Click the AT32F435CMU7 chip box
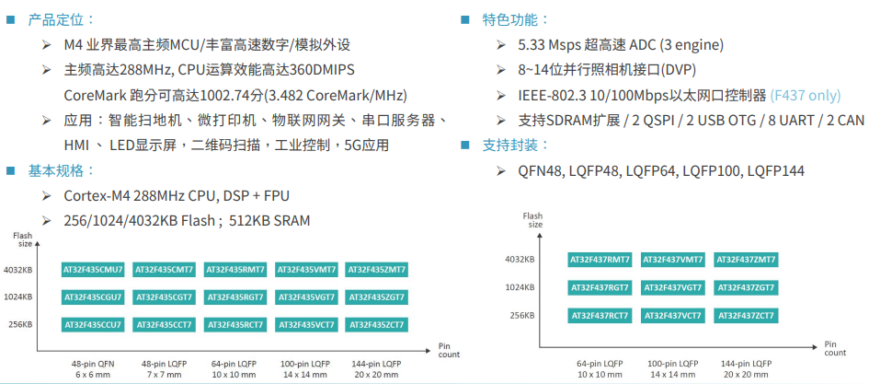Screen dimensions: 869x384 click(92, 270)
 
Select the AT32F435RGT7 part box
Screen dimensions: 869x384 click(235, 297)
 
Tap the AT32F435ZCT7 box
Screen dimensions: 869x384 click(376, 324)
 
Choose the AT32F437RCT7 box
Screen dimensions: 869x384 click(599, 316)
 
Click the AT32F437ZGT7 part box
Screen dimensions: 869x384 click(745, 287)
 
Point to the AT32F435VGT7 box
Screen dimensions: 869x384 click(306, 297)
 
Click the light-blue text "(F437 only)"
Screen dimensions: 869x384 click(806, 96)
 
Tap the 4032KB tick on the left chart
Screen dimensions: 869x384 click(18, 270)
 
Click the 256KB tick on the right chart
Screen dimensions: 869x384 click(522, 316)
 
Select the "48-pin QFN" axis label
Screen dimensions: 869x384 click(92, 364)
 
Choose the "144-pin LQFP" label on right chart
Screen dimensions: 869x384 click(746, 364)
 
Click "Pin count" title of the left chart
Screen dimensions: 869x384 click(449, 350)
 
